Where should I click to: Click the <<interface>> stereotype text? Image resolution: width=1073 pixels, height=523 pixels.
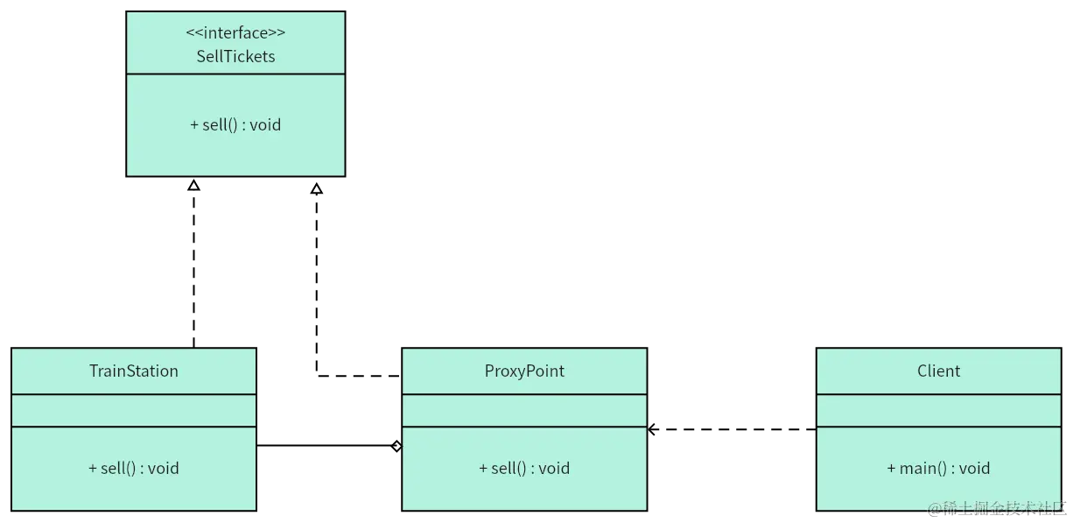tap(235, 33)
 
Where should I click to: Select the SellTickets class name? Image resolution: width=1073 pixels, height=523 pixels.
tap(235, 56)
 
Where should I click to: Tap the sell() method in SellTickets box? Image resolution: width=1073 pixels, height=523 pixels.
tap(235, 124)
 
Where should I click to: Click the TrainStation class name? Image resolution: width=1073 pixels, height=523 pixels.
tap(134, 371)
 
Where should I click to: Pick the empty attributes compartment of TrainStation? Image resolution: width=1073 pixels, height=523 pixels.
tap(134, 410)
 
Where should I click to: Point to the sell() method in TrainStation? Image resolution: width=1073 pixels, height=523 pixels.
tap(134, 468)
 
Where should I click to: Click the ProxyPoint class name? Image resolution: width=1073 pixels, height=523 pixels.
tap(524, 371)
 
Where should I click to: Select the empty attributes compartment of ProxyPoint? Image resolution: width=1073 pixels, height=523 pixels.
tap(524, 410)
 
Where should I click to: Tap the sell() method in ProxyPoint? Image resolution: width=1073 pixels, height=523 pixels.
tap(524, 468)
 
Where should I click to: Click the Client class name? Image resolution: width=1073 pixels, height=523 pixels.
tap(938, 371)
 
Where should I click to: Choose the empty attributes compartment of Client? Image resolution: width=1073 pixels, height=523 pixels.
tap(938, 410)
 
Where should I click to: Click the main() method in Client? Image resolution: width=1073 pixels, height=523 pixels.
tap(938, 468)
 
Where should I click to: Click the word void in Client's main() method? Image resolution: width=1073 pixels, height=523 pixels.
tap(974, 468)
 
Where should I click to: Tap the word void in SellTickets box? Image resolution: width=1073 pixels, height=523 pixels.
tap(265, 124)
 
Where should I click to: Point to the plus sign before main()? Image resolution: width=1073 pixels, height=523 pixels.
tap(891, 469)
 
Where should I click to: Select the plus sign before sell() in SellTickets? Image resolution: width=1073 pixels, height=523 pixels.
tap(194, 125)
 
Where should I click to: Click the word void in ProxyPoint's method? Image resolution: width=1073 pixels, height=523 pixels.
tap(554, 468)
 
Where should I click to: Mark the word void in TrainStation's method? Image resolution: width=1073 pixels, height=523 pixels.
tap(164, 468)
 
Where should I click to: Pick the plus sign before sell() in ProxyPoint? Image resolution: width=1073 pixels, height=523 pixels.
tap(483, 469)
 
